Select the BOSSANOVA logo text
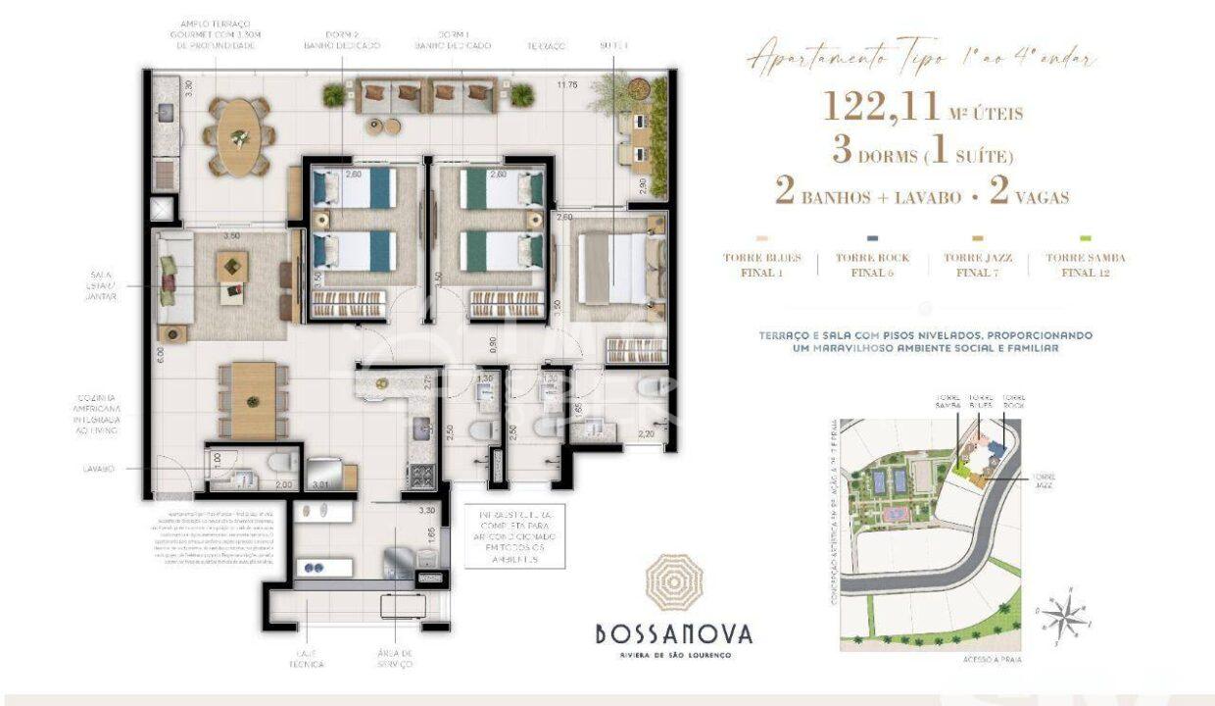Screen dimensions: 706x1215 673,633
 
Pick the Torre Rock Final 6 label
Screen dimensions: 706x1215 872,265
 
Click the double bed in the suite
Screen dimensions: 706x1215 612,267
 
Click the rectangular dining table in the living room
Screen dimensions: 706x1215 253,400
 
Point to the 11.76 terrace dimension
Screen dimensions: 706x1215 567,84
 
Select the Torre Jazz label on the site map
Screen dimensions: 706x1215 1042,480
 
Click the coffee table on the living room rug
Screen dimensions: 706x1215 232,264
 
